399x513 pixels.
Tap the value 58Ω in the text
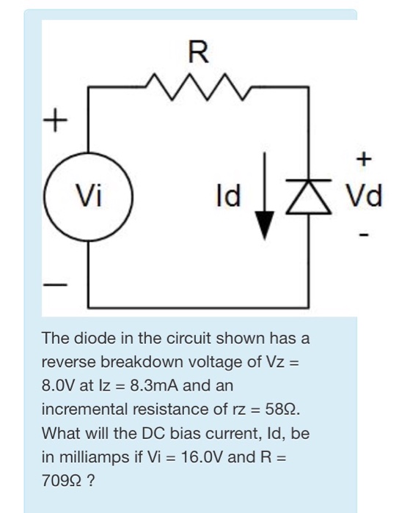tap(278, 407)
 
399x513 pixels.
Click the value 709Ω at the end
tap(59, 477)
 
